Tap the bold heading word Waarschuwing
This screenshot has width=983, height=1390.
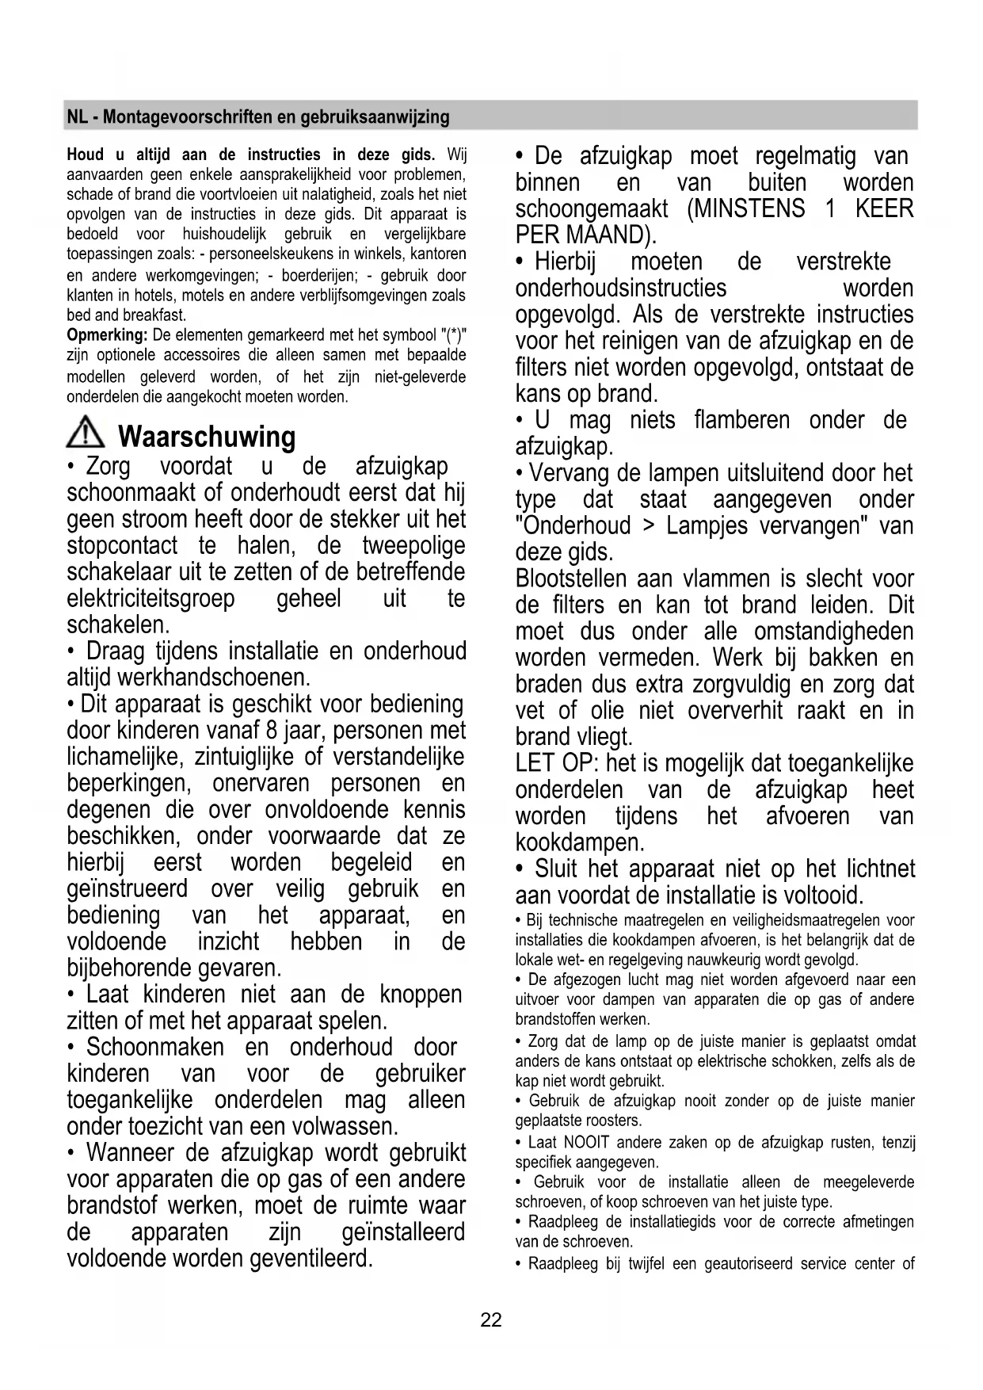click(x=206, y=437)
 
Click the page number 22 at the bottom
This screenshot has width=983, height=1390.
click(x=490, y=1320)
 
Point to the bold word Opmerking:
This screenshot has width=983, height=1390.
click(x=107, y=335)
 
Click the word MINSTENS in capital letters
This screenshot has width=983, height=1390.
click(x=746, y=209)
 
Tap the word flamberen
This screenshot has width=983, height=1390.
click(x=741, y=420)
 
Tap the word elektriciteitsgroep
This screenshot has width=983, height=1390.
click(x=150, y=598)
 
